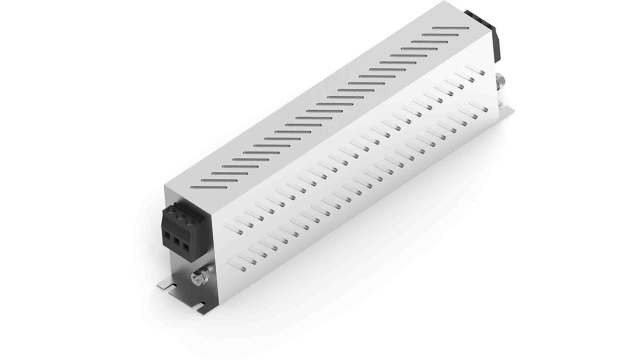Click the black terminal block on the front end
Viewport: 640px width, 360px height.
click(179, 226)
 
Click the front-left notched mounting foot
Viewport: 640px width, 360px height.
click(169, 284)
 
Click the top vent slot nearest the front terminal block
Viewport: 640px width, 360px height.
click(212, 183)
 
